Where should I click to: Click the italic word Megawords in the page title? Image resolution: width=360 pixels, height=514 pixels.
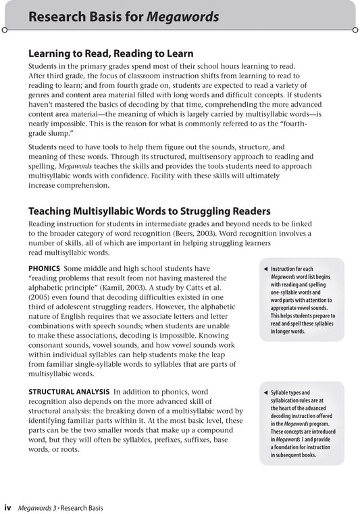point(188,16)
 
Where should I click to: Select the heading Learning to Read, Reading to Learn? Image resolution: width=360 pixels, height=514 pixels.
point(111,53)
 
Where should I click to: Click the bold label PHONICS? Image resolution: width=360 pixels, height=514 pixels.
point(47,268)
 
